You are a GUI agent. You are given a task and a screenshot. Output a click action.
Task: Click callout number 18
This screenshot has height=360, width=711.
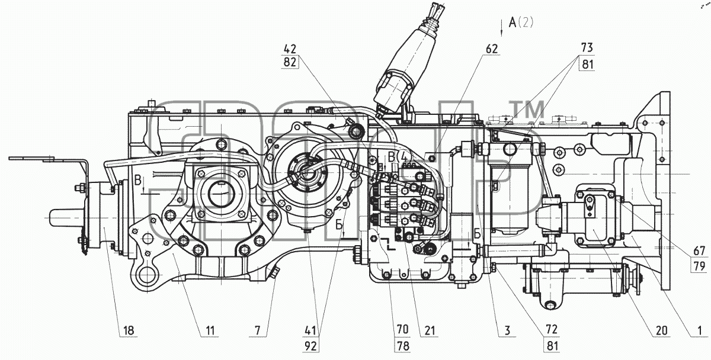(x=129, y=330)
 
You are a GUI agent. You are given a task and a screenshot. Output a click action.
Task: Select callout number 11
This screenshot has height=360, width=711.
(x=210, y=330)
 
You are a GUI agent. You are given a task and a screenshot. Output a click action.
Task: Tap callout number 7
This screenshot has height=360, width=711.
(x=257, y=330)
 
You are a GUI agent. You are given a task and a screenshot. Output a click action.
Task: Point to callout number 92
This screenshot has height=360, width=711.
(x=310, y=346)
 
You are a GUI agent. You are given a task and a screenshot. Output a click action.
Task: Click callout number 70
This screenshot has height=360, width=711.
(x=402, y=330)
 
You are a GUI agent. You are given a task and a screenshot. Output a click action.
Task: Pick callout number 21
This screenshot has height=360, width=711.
(x=430, y=330)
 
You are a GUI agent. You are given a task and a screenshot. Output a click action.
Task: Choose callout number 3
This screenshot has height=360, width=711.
(x=507, y=330)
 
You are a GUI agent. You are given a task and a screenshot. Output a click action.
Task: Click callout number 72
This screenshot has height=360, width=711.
(x=552, y=330)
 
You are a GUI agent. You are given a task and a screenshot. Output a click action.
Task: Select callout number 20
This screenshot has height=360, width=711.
(x=661, y=330)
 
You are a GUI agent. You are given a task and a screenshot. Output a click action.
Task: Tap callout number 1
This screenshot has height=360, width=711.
(x=700, y=330)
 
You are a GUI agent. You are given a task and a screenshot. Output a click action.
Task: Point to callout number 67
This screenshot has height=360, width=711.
(x=699, y=251)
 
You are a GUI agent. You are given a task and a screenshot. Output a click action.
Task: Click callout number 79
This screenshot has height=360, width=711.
(x=699, y=266)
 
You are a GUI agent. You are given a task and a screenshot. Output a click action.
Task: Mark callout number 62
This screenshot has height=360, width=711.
(x=492, y=49)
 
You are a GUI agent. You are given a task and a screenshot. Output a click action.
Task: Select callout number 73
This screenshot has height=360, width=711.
(x=587, y=47)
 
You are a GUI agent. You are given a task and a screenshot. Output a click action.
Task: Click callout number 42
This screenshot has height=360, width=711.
(x=290, y=49)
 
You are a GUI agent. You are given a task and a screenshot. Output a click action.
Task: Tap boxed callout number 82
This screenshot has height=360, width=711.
(x=290, y=62)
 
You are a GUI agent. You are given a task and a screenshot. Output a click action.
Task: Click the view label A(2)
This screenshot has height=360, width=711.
(x=521, y=22)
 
